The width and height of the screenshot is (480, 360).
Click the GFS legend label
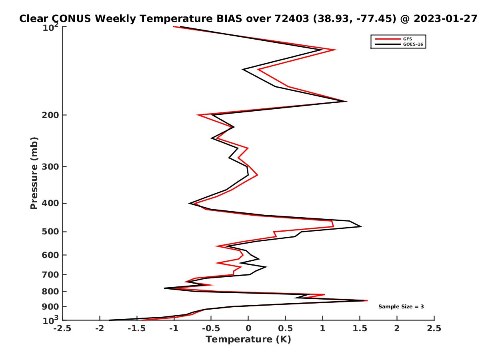pyautogui.click(x=407, y=39)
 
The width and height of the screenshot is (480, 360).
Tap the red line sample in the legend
pyautogui.click(x=388, y=39)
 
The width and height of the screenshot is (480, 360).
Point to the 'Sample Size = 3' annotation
pyautogui.click(x=401, y=307)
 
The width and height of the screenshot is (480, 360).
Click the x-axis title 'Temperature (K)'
pyautogui.click(x=248, y=339)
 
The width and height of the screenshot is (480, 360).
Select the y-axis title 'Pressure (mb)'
pyautogui.click(x=34, y=173)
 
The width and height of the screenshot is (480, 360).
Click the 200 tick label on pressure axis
pyautogui.click(x=50, y=115)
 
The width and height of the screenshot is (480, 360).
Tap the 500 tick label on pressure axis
pyautogui.click(x=50, y=232)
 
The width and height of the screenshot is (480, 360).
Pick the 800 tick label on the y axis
pyautogui.click(x=50, y=291)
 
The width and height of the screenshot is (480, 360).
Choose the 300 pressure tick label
pyautogui.click(x=50, y=166)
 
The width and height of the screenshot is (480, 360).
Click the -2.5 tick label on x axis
pyautogui.click(x=62, y=328)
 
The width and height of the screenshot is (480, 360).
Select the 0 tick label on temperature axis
pyautogui.click(x=248, y=328)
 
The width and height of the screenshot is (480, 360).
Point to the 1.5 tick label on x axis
pyautogui.click(x=360, y=328)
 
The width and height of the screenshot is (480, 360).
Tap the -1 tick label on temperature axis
pyautogui.click(x=174, y=328)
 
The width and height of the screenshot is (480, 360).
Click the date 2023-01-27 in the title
pyautogui.click(x=446, y=19)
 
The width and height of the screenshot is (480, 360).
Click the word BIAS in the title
pyautogui.click(x=229, y=19)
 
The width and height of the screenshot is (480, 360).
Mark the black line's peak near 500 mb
pyautogui.click(x=362, y=226)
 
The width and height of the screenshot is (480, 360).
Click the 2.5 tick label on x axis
pyautogui.click(x=434, y=328)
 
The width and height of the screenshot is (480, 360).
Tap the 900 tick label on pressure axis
pyautogui.click(x=50, y=307)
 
